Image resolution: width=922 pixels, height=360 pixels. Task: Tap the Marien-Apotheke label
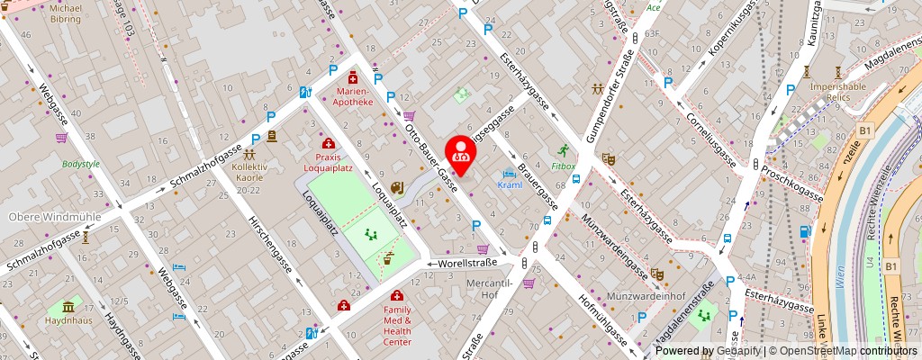pos(354,96)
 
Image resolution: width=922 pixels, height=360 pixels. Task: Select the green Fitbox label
pos(563,166)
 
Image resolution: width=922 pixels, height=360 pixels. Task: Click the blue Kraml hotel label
pos(510,184)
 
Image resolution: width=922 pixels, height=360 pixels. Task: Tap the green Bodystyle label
pos(81,165)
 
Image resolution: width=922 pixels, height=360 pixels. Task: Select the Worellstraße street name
pos(467,264)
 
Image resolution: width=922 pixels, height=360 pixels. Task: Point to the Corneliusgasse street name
pos(712,134)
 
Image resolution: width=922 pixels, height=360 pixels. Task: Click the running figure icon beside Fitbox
pos(563,150)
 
